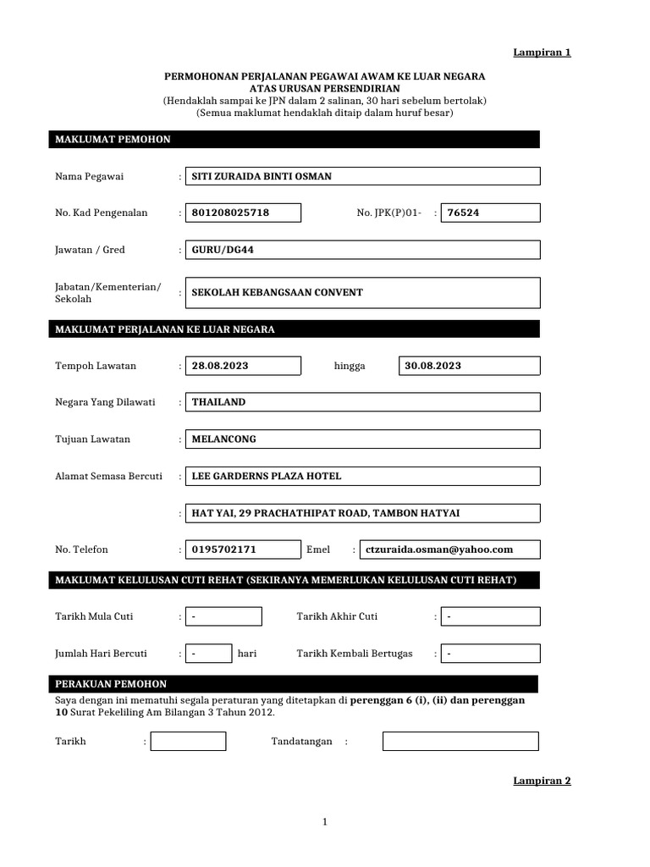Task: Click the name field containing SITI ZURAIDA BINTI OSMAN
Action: [x=362, y=176]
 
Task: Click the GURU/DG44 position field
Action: [x=362, y=250]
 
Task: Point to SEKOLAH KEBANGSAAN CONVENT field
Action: [x=362, y=292]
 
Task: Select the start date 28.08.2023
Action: [x=243, y=366]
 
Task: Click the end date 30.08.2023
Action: [x=469, y=366]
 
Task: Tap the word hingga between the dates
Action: [x=350, y=366]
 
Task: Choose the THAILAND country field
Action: [x=362, y=402]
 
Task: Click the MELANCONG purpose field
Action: [x=362, y=439]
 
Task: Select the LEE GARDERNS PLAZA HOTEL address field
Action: [x=362, y=476]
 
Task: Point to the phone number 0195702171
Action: [x=243, y=549]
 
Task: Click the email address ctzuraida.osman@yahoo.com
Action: [x=449, y=549]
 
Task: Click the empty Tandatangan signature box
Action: [x=460, y=742]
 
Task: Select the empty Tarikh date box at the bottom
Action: [x=188, y=742]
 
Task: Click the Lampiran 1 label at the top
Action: [x=543, y=52]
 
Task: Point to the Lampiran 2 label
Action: [x=543, y=781]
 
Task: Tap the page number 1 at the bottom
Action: [x=325, y=822]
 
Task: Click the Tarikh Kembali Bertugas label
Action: [x=355, y=654]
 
